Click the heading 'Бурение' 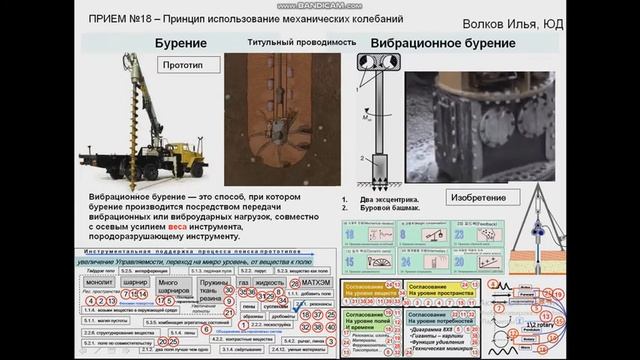(180, 44)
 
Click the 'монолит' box (100, 283)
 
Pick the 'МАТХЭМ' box (316, 283)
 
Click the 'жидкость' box (271, 283)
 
